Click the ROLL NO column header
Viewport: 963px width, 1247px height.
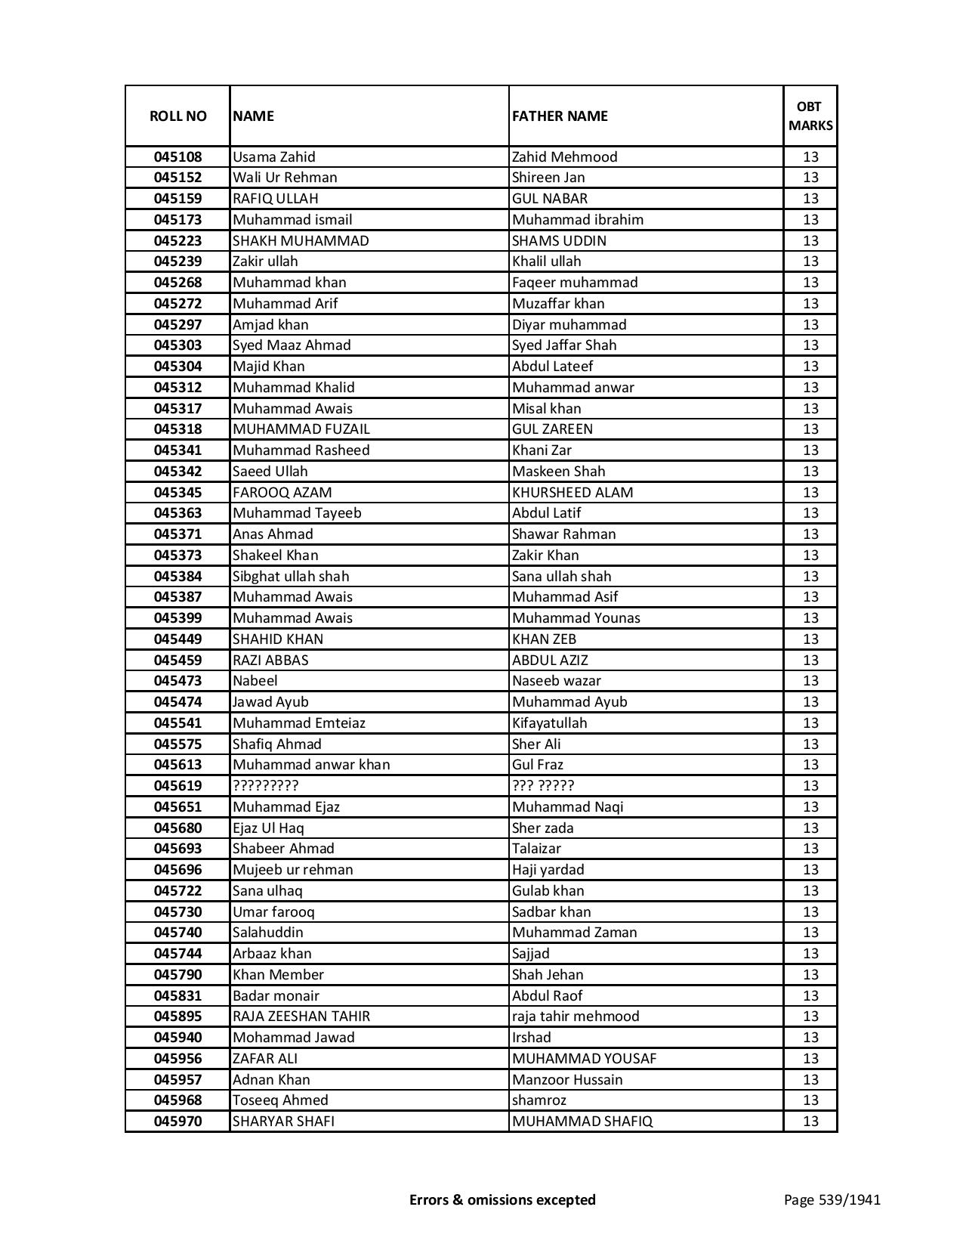177,116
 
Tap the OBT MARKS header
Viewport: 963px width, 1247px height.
810,116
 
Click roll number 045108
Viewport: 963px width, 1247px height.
177,157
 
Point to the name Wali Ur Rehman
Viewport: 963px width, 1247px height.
285,178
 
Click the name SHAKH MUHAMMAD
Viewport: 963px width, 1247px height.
301,240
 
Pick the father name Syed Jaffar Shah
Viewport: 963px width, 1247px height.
563,345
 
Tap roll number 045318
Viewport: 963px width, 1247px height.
177,429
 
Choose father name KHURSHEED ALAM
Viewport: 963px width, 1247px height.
572,492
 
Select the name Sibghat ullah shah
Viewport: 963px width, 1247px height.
291,576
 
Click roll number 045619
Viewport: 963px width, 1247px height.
177,786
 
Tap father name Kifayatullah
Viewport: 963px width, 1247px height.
549,723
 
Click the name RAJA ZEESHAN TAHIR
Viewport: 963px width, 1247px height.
301,1016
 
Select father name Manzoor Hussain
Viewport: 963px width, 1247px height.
566,1079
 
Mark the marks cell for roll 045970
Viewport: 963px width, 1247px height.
810,1122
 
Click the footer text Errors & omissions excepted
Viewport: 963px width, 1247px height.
502,1199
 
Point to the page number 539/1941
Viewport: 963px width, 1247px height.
832,1199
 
